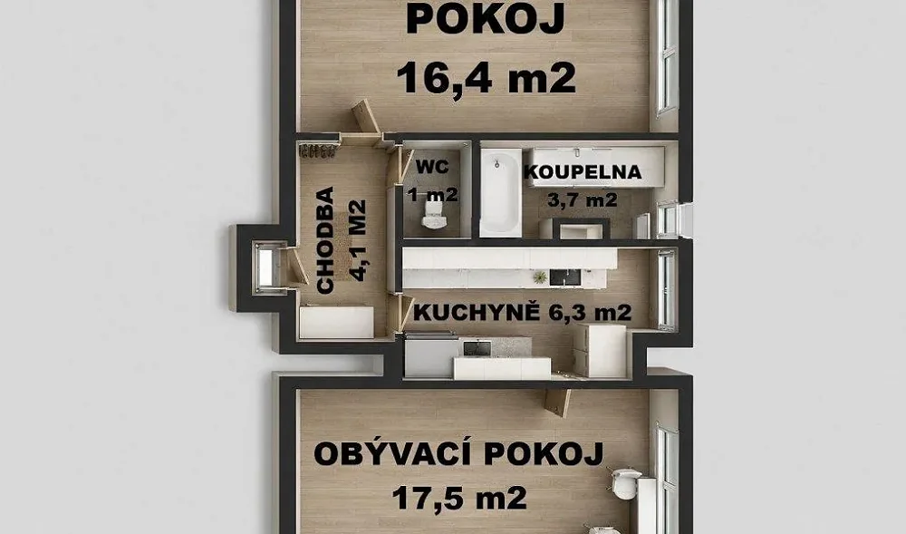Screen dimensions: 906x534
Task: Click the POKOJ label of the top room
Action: pyautogui.click(x=486, y=20)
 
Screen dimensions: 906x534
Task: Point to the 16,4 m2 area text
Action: pyautogui.click(x=487, y=78)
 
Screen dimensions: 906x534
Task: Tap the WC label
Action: pyautogui.click(x=432, y=167)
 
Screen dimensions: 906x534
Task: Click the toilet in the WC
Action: pyautogui.click(x=433, y=214)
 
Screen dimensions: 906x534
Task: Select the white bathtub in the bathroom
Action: pyautogui.click(x=500, y=192)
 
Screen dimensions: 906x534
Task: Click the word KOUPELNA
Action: pyautogui.click(x=583, y=172)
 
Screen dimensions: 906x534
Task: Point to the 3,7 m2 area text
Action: pyautogui.click(x=583, y=199)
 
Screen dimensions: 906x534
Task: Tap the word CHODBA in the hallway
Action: pyautogui.click(x=325, y=240)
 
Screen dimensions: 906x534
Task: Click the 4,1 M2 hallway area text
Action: pyautogui.click(x=358, y=240)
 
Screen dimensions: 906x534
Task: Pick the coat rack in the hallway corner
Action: pyautogui.click(x=317, y=150)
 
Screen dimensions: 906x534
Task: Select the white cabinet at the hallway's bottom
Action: pyautogui.click(x=336, y=322)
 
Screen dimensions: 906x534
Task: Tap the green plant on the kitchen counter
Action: pyautogui.click(x=540, y=277)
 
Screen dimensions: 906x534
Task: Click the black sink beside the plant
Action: pyautogui.click(x=564, y=277)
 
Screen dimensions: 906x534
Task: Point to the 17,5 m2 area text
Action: pyautogui.click(x=459, y=498)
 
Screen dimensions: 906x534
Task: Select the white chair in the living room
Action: pyautogui.click(x=625, y=483)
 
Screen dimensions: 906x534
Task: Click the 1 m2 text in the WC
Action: pyautogui.click(x=432, y=194)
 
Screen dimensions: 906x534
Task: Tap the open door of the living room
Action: pyautogui.click(x=557, y=402)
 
